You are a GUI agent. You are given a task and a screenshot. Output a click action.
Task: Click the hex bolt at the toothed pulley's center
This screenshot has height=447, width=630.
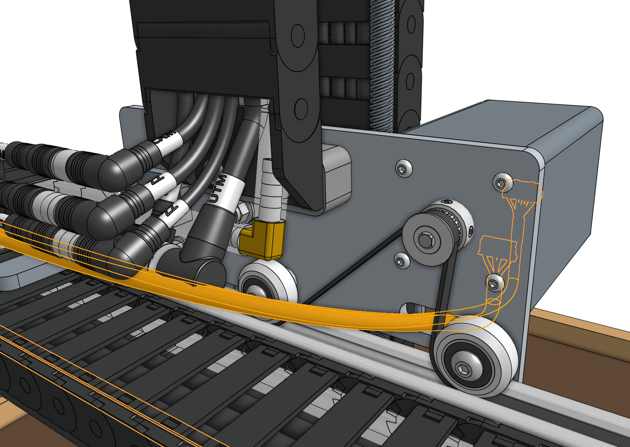click(x=426, y=240)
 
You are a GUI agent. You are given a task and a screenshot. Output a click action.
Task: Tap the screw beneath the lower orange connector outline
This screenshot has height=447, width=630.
click(x=494, y=284)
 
